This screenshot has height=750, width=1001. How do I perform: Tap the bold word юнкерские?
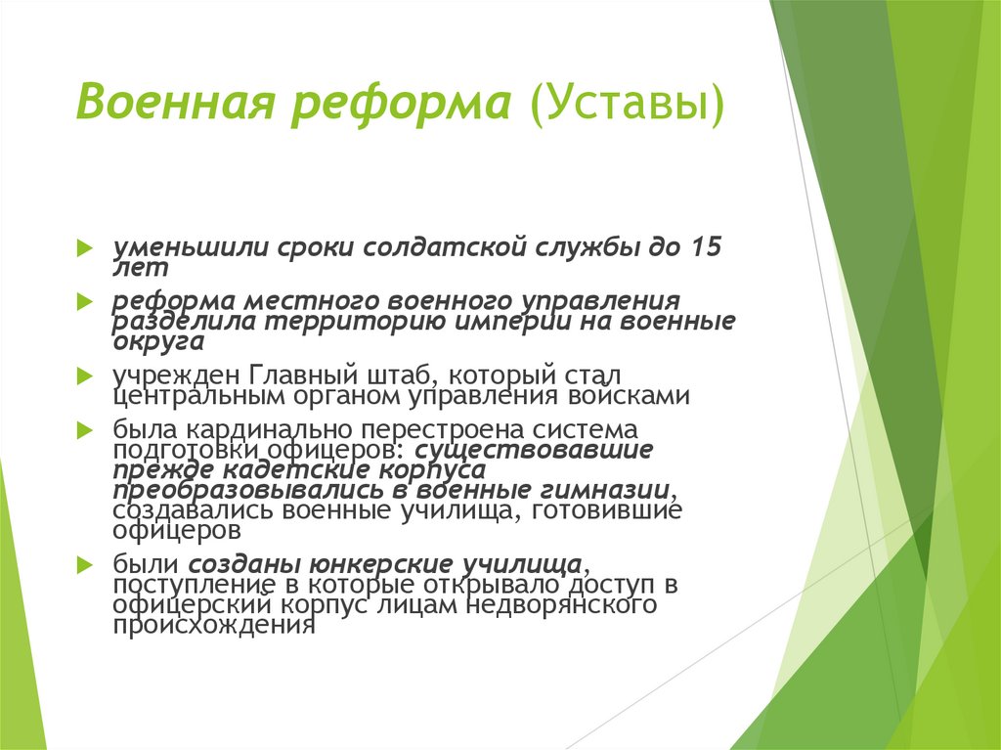[381, 564]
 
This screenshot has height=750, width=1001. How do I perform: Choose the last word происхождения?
[213, 626]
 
